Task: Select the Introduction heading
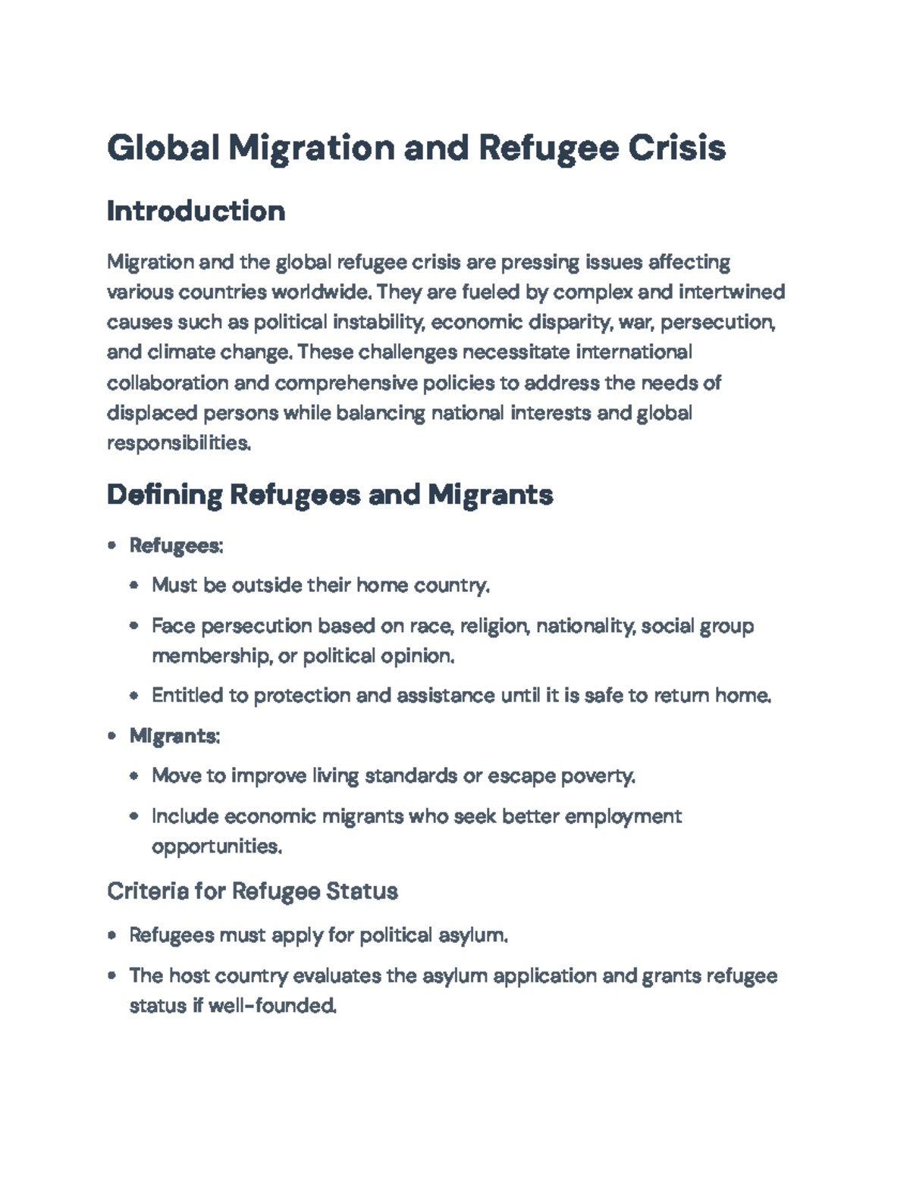coord(196,211)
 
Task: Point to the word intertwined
coord(732,292)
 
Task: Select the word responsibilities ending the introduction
coord(178,443)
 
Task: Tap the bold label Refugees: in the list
coord(176,546)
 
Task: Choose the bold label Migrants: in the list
coord(174,736)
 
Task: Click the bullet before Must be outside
coord(134,586)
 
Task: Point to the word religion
coord(494,626)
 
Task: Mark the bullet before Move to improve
coord(134,776)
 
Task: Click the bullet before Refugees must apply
coord(112,936)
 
